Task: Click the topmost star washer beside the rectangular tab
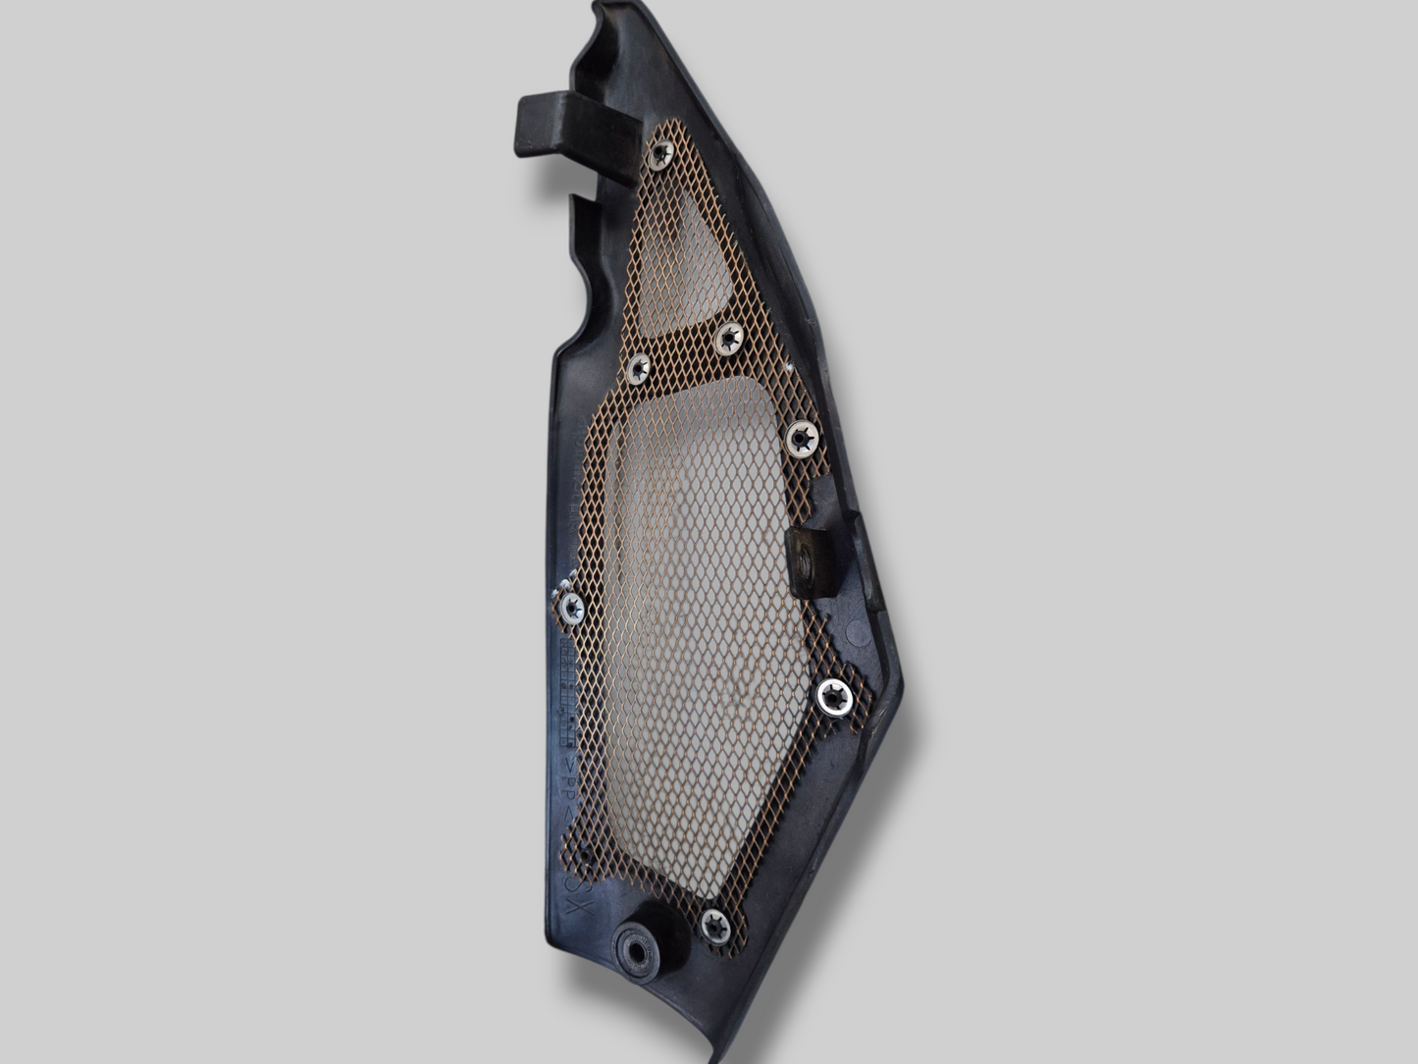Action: coord(660,153)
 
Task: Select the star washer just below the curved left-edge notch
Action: coord(638,368)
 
